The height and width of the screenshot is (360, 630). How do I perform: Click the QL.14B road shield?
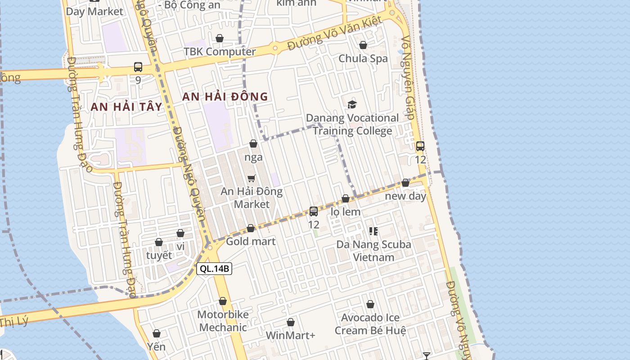click(x=214, y=269)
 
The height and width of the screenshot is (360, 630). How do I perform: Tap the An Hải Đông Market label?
click(x=252, y=198)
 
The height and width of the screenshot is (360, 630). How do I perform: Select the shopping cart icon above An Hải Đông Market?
click(x=252, y=178)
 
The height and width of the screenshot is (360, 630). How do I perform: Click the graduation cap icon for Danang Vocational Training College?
click(x=352, y=105)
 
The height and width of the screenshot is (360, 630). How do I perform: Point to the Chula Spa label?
click(x=363, y=58)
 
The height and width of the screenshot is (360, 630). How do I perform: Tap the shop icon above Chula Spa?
click(x=363, y=45)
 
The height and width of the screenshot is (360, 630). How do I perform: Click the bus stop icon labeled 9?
click(x=138, y=67)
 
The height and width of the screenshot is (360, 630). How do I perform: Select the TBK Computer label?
click(x=220, y=51)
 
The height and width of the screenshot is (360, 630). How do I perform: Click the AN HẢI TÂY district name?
click(x=126, y=107)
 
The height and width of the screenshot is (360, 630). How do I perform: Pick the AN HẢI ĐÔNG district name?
click(x=225, y=96)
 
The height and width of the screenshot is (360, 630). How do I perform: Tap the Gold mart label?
click(x=251, y=241)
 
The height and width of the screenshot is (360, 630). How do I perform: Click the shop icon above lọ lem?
click(x=346, y=198)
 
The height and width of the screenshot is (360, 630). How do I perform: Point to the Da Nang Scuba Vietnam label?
click(x=374, y=251)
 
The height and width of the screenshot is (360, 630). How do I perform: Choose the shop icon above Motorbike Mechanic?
click(x=223, y=301)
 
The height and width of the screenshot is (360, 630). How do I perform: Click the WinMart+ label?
click(x=291, y=335)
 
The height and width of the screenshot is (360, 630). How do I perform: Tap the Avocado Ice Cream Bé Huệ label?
click(x=370, y=324)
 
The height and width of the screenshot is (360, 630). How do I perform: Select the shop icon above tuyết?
click(x=159, y=242)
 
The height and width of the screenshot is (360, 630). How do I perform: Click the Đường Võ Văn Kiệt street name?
click(x=335, y=33)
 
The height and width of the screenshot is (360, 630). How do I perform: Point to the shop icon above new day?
click(x=405, y=183)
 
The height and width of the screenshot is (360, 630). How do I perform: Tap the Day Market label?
click(x=94, y=12)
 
